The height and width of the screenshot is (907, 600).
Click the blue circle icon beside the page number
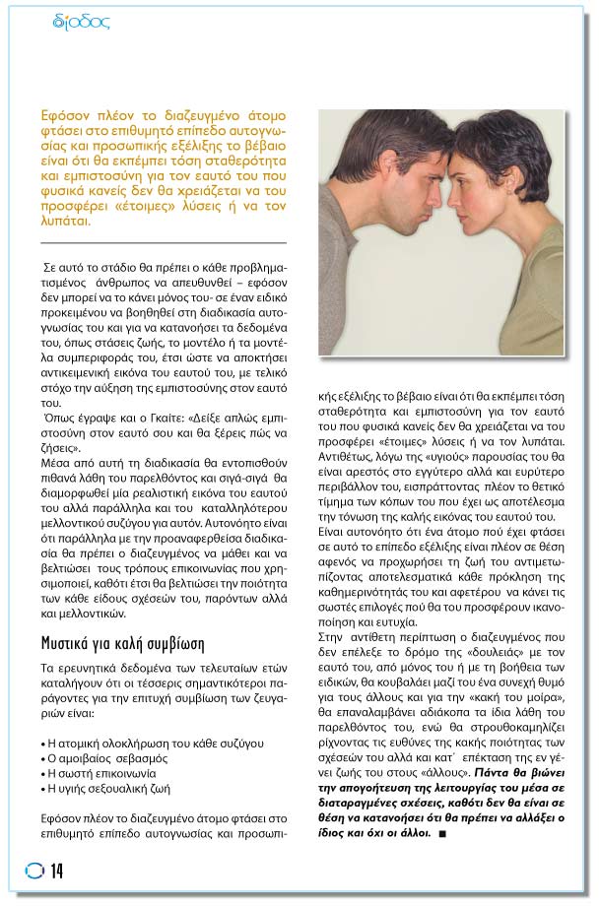(x=33, y=872)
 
